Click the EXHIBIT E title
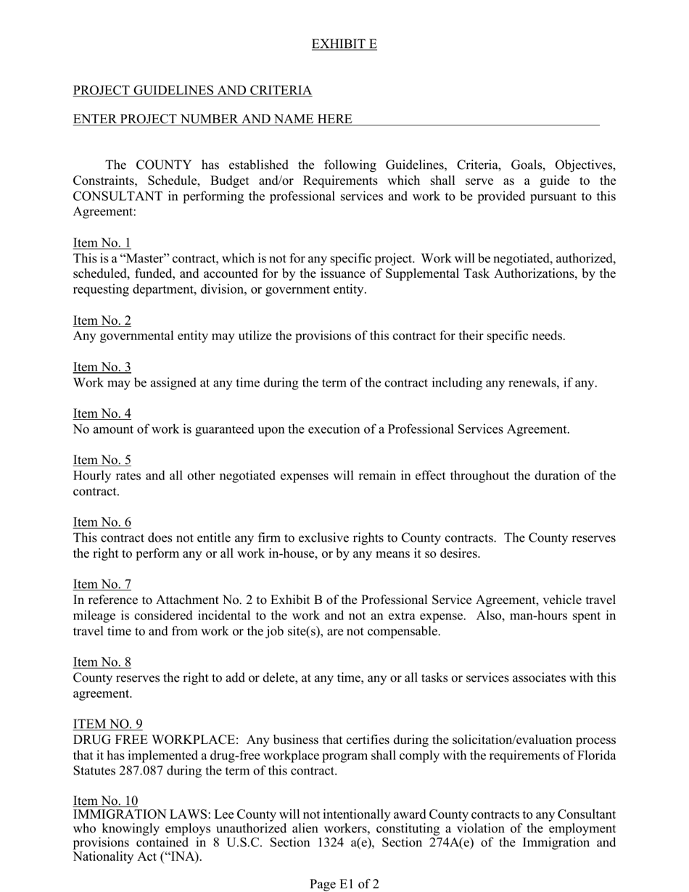click(344, 44)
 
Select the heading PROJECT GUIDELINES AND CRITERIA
click(192, 91)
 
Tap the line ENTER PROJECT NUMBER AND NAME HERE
click(213, 119)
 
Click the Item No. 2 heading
click(102, 321)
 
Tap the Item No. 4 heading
click(102, 413)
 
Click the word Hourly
click(92, 476)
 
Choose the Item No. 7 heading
click(102, 585)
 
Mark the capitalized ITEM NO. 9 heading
click(107, 724)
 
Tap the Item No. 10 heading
click(105, 801)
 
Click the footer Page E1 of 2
click(344, 884)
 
